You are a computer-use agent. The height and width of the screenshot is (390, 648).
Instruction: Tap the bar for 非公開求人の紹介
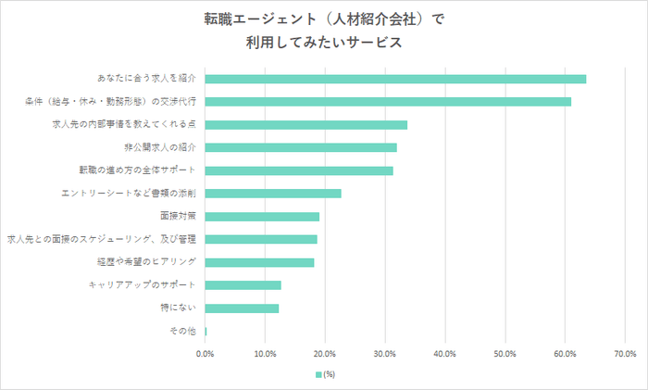click(x=301, y=147)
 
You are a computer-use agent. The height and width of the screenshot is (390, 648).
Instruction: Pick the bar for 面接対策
click(x=262, y=217)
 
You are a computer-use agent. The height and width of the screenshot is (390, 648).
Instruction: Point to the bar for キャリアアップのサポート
click(x=243, y=285)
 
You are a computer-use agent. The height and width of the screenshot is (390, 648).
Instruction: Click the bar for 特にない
click(x=242, y=308)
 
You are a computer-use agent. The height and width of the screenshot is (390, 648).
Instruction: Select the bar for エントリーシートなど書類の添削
click(x=273, y=194)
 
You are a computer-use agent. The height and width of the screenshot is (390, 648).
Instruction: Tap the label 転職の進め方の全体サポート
click(x=138, y=170)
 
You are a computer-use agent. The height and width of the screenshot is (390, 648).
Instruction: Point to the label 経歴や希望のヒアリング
click(x=144, y=262)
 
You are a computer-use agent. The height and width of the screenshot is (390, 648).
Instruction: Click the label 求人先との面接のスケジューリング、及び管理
click(x=101, y=239)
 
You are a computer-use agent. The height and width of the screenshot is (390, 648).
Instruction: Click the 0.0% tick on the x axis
click(x=206, y=354)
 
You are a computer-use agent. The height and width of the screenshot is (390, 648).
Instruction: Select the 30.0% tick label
click(x=385, y=354)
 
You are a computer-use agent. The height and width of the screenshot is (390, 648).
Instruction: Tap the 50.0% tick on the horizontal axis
click(x=505, y=354)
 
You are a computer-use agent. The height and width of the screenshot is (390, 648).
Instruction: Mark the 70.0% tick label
click(x=624, y=354)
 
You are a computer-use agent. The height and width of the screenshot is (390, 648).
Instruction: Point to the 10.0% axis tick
click(x=265, y=354)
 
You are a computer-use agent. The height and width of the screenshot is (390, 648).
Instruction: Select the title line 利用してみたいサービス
click(x=324, y=42)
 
